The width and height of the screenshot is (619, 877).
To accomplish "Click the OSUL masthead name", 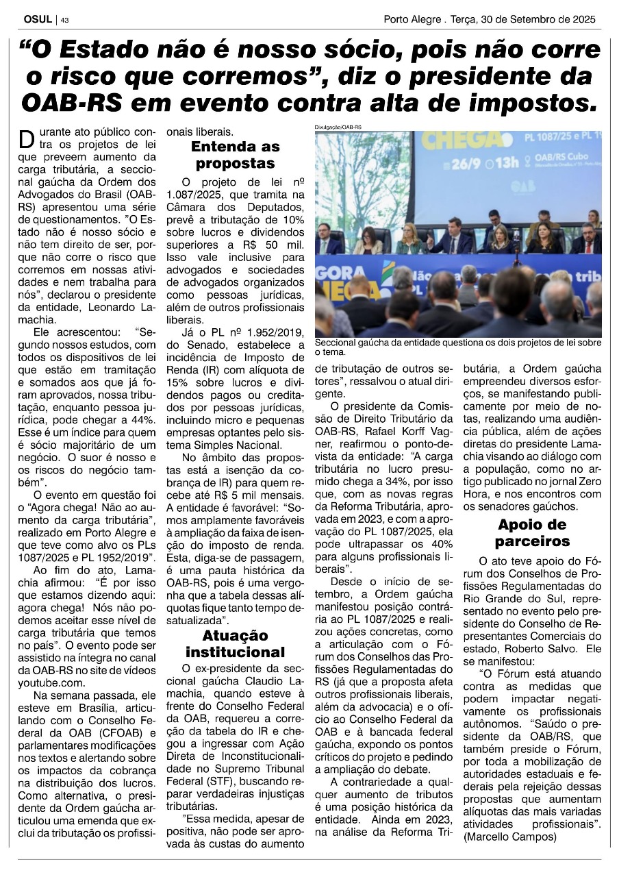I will (34, 19).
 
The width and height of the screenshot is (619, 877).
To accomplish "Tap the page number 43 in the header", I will (65, 20).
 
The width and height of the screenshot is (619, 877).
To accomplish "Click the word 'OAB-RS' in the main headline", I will (72, 102).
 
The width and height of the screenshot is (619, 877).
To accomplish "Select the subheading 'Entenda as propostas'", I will (235, 155).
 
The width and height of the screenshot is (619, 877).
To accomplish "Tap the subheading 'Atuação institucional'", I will (235, 643).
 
